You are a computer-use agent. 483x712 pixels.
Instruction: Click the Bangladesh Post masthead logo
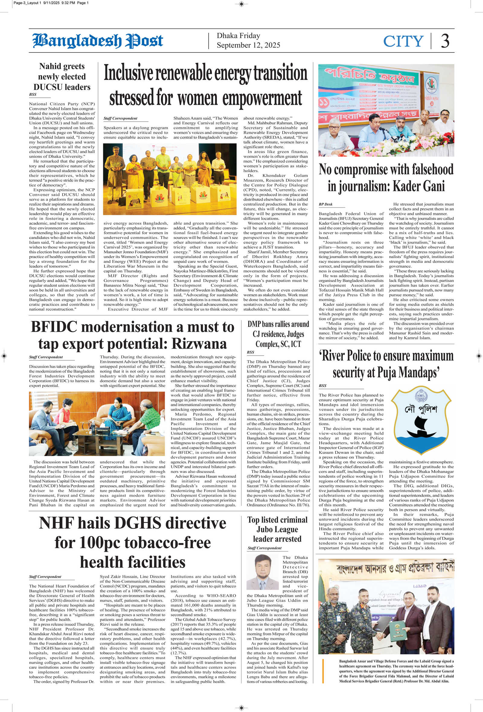98,41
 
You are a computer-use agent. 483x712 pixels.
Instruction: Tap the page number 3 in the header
445,41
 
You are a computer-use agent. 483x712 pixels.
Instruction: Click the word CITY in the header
403,41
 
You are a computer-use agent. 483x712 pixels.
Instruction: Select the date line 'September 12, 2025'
248,45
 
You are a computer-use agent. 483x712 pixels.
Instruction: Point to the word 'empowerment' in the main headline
262,99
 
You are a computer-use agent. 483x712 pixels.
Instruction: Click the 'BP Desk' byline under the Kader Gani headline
325,204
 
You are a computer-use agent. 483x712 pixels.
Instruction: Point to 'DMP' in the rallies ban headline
254,324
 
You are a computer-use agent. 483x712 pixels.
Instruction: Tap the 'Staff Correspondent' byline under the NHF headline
45,576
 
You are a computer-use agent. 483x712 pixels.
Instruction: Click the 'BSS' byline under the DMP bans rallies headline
250,352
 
